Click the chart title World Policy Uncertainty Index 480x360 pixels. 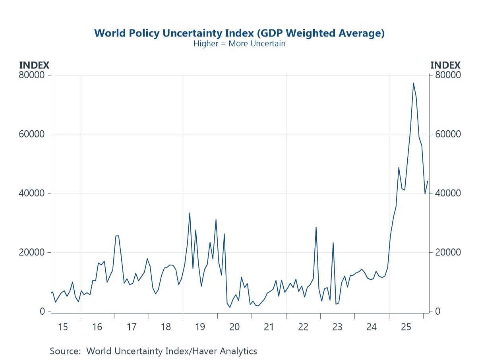(x=239, y=33)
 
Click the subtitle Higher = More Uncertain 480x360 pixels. (x=239, y=43)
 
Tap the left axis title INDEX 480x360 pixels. (x=34, y=65)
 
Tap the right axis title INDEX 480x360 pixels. (x=445, y=65)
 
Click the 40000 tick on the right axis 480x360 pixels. (x=447, y=193)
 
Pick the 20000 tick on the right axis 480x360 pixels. (x=447, y=252)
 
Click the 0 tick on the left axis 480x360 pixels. (x=42, y=312)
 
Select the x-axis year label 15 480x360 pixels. (x=63, y=327)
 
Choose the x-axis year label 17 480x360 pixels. (x=132, y=327)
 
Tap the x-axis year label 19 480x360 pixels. (x=200, y=327)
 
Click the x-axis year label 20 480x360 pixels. (x=234, y=327)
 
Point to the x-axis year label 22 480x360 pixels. (x=303, y=327)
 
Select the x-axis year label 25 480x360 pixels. (x=406, y=327)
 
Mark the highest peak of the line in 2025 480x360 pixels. (x=413, y=83)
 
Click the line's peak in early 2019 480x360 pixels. (x=190, y=213)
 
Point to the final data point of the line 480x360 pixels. (x=428, y=181)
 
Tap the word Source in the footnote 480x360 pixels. (x=64, y=351)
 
